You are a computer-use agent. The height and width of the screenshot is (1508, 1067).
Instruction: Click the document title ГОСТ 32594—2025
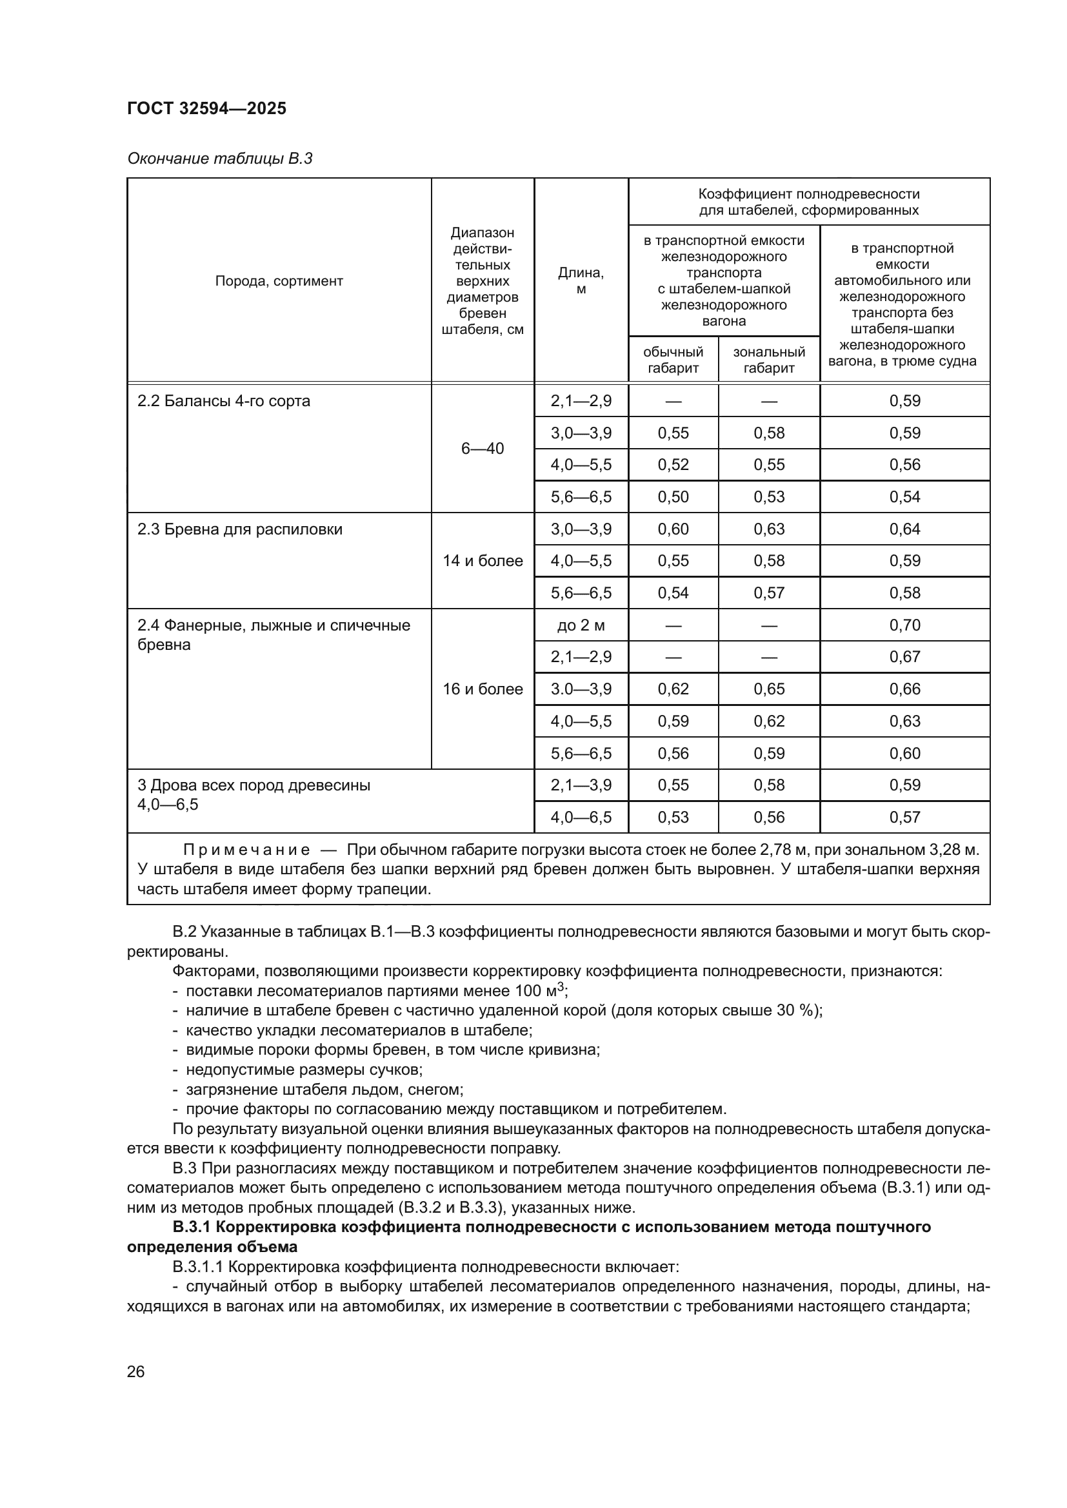(207, 108)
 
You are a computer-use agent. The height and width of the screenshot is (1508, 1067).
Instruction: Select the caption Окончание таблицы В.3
(219, 159)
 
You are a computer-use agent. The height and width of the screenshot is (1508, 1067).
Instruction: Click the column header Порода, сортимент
(279, 281)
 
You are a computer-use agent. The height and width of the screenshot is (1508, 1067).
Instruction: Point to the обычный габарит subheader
(673, 360)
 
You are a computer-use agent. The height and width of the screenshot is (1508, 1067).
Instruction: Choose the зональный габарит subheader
(769, 360)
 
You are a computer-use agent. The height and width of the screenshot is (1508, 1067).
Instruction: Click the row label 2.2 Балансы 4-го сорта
(223, 400)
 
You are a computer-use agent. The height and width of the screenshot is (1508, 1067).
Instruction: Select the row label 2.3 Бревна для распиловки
(240, 529)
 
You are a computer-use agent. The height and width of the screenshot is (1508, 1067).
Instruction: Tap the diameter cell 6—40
(483, 449)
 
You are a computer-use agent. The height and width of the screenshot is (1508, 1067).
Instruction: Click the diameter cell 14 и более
(483, 561)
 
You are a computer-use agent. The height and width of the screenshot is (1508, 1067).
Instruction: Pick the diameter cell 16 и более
(483, 689)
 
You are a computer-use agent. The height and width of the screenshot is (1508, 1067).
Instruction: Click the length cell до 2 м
(581, 625)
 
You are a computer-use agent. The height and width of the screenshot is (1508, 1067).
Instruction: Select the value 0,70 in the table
(904, 625)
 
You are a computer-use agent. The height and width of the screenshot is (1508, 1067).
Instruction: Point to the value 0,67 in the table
(904, 657)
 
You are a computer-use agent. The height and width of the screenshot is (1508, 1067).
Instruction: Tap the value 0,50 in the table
(673, 496)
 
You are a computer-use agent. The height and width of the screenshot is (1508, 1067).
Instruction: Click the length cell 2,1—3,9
(581, 785)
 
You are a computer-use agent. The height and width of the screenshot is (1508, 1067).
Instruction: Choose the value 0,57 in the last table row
(904, 817)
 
